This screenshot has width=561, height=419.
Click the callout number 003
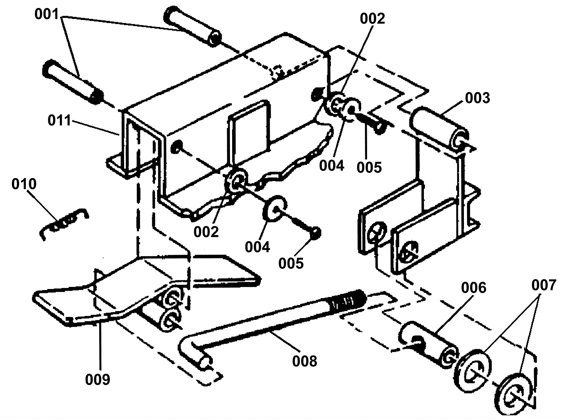477,98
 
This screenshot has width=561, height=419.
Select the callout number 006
474,288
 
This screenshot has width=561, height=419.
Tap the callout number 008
304,360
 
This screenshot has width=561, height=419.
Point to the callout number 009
97,379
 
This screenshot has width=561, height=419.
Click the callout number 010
24,184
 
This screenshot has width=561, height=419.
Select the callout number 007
543,286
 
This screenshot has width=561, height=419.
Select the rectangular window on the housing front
250,128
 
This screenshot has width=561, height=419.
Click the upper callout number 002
372,18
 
